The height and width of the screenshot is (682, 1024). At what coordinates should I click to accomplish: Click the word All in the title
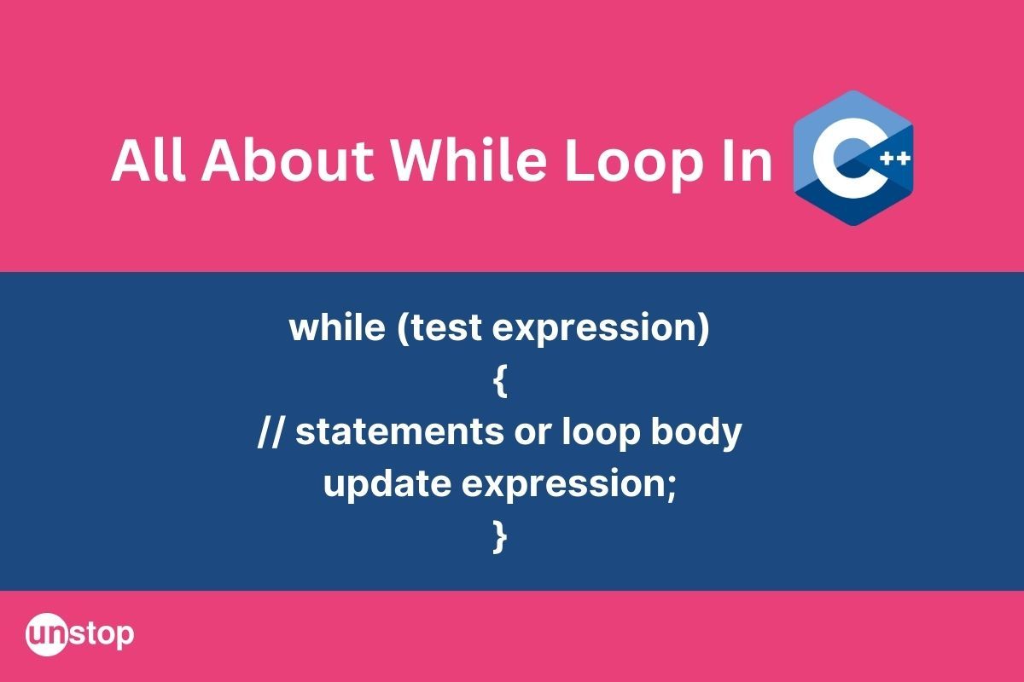pyautogui.click(x=148, y=161)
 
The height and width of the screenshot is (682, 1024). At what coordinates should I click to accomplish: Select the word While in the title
pyautogui.click(x=468, y=161)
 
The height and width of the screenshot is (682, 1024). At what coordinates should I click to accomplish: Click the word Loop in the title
pyautogui.click(x=634, y=165)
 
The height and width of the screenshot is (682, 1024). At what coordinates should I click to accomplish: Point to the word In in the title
pyautogui.click(x=746, y=161)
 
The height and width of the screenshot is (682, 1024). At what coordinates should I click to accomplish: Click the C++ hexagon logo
pyautogui.click(x=853, y=158)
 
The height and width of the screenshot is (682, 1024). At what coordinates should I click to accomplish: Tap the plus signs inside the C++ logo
pyautogui.click(x=895, y=159)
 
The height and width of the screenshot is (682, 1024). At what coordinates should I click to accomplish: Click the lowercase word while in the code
pyautogui.click(x=337, y=327)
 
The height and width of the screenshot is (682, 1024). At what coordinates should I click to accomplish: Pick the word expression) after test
pyautogui.click(x=601, y=330)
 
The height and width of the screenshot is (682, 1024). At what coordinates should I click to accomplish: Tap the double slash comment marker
pyautogui.click(x=271, y=431)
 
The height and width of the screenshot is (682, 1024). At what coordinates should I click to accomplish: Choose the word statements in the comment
pyautogui.click(x=399, y=431)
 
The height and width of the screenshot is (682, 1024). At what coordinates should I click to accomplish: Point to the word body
pyautogui.click(x=695, y=433)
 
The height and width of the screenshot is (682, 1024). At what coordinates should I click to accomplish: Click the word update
pyautogui.click(x=387, y=485)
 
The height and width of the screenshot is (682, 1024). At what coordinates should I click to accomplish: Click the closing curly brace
pyautogui.click(x=501, y=537)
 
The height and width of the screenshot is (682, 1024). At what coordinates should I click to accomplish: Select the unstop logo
pyautogui.click(x=80, y=634)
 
